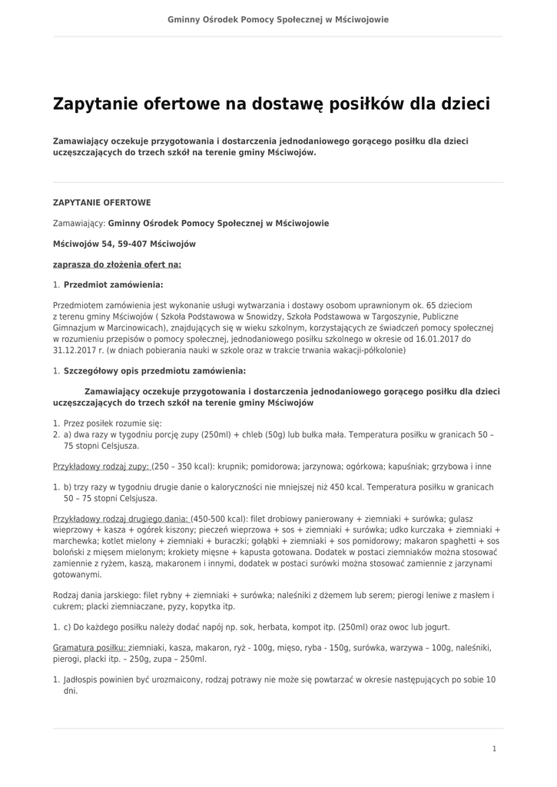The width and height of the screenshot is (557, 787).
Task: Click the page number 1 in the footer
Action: pyautogui.click(x=494, y=749)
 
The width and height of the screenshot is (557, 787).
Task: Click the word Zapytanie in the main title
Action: pyautogui.click(x=95, y=104)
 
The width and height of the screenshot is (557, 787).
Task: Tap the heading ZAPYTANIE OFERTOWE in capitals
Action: pyautogui.click(x=101, y=202)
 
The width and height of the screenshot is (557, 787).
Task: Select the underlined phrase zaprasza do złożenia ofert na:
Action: pyautogui.click(x=117, y=264)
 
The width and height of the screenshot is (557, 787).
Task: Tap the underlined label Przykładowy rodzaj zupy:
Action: pyautogui.click(x=101, y=467)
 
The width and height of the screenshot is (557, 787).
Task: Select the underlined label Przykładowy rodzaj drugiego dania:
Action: pyautogui.click(x=121, y=519)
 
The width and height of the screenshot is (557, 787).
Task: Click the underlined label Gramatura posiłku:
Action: pyautogui.click(x=89, y=648)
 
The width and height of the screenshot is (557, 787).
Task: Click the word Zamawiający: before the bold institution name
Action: pyautogui.click(x=79, y=223)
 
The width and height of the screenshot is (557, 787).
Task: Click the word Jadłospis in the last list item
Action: pyautogui.click(x=82, y=679)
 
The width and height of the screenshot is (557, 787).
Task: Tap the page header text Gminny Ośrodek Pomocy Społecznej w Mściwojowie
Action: pyautogui.click(x=278, y=18)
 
